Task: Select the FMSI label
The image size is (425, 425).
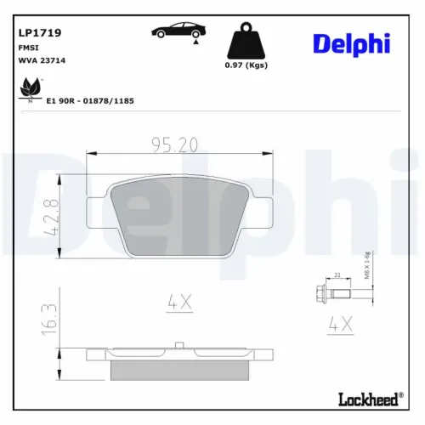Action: tap(27, 48)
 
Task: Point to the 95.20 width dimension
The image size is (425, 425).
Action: tap(176, 145)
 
